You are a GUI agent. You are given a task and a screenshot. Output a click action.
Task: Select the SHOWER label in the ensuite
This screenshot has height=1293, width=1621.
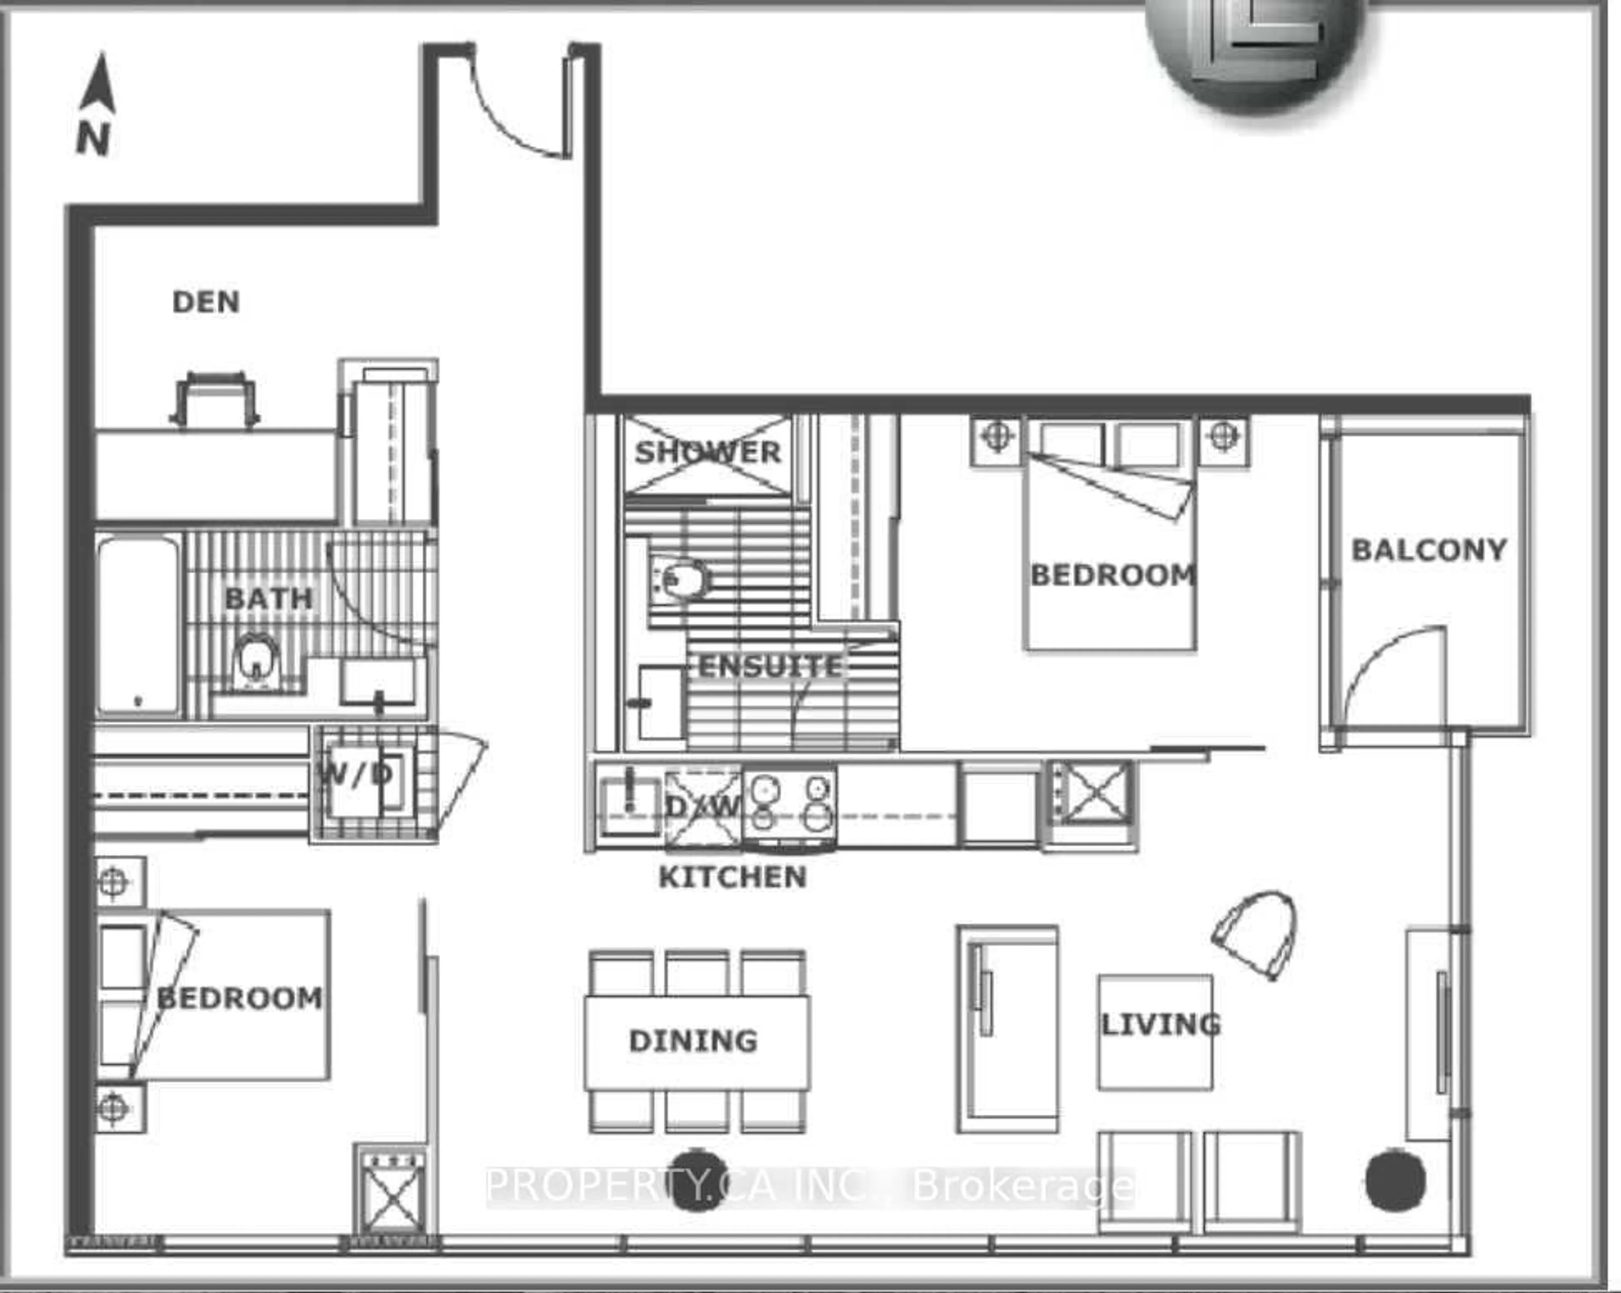707,453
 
